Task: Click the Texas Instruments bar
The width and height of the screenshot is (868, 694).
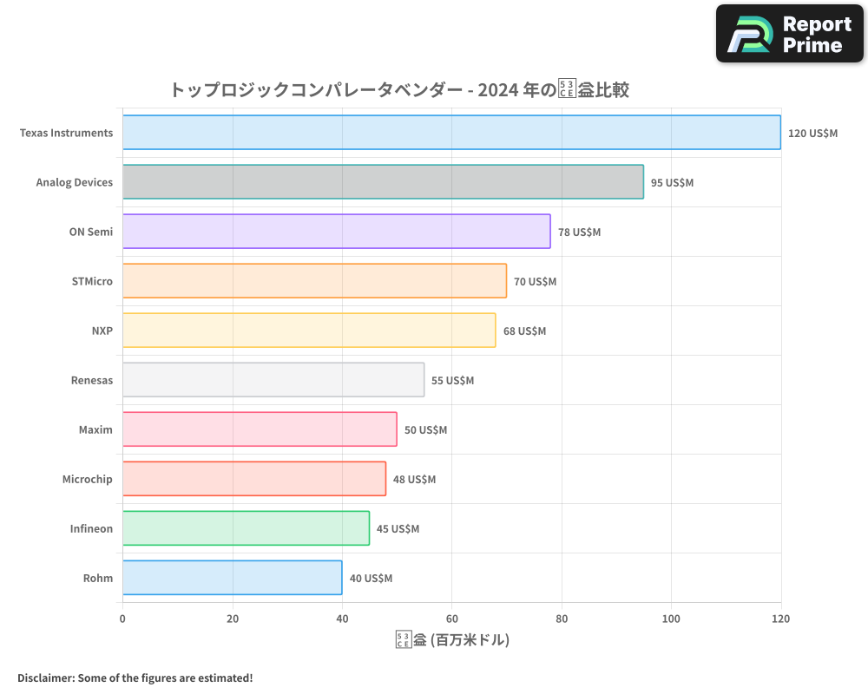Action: pyautogui.click(x=451, y=133)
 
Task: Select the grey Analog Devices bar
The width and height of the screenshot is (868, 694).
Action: pyautogui.click(x=383, y=182)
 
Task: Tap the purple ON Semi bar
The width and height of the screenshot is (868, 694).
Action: pyautogui.click(x=336, y=232)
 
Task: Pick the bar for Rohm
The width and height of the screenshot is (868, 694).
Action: pyautogui.click(x=232, y=578)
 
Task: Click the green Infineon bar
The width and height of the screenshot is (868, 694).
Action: pyautogui.click(x=246, y=528)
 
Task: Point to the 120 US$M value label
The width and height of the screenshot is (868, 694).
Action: pyautogui.click(x=812, y=134)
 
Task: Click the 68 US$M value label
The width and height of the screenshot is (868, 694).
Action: pyautogui.click(x=524, y=331)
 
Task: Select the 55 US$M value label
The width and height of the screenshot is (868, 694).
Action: pyautogui.click(x=452, y=381)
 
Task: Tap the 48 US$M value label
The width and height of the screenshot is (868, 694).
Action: pyautogui.click(x=414, y=480)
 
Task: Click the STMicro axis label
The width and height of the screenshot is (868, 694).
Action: pyautogui.click(x=92, y=281)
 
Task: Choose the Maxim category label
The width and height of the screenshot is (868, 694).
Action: pyautogui.click(x=95, y=429)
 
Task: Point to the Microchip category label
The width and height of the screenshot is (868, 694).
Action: pyautogui.click(x=87, y=479)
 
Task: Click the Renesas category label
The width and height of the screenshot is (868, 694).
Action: pyautogui.click(x=91, y=380)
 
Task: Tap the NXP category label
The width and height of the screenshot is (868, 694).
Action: pyautogui.click(x=102, y=331)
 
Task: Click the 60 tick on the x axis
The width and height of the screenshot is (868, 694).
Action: pyautogui.click(x=451, y=619)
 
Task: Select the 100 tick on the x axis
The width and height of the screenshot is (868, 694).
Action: pyautogui.click(x=671, y=619)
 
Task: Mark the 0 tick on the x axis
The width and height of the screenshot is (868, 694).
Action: pyautogui.click(x=122, y=619)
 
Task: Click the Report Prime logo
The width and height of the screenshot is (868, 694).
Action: pyautogui.click(x=790, y=34)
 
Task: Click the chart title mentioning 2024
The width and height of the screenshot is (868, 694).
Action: pyautogui.click(x=399, y=90)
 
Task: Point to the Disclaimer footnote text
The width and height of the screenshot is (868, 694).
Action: pyautogui.click(x=135, y=678)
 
